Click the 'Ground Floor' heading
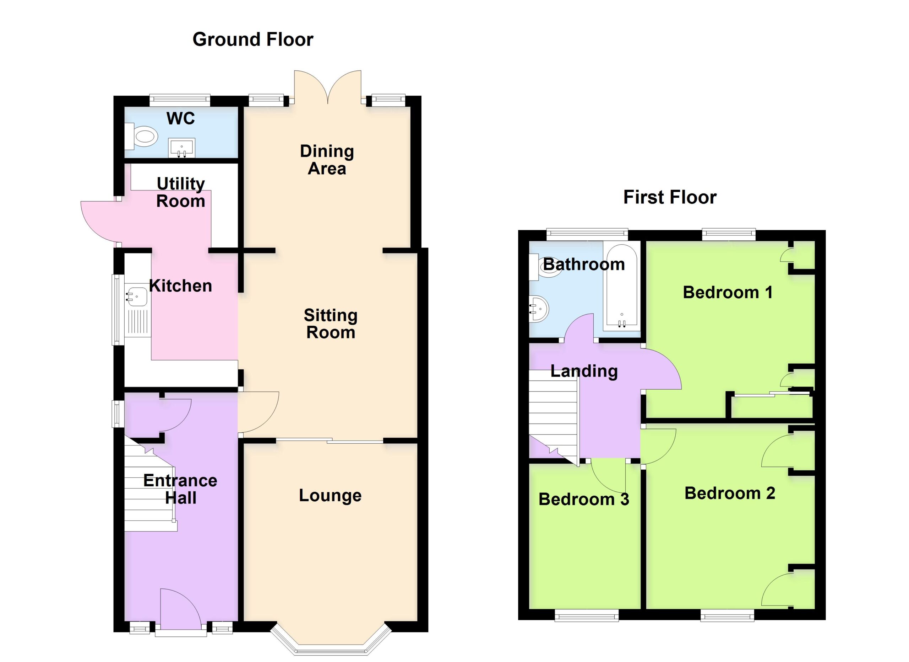click(x=253, y=40)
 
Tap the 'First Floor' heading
click(x=670, y=197)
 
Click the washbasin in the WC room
click(x=181, y=147)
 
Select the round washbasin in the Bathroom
click(x=538, y=309)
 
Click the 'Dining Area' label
click(x=327, y=160)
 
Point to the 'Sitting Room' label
click(x=331, y=324)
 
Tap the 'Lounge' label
click(x=330, y=496)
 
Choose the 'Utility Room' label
click(x=181, y=192)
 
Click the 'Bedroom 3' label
click(x=583, y=500)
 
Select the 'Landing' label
click(x=584, y=372)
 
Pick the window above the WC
click(x=180, y=100)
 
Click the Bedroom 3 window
click(x=586, y=615)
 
